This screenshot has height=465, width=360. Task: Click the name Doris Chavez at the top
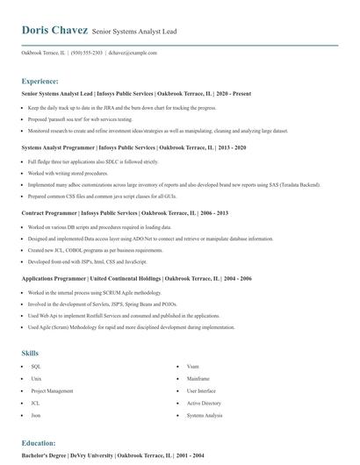point(54,30)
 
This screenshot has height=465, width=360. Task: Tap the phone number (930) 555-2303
point(87,53)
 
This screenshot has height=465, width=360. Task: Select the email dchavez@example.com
point(133,53)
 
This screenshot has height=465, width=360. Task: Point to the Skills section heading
point(30,353)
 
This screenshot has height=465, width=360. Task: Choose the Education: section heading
point(39,443)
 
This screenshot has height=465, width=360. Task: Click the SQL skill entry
point(36,366)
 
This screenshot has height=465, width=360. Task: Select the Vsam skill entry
point(193,366)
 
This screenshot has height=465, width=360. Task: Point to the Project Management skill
point(52,390)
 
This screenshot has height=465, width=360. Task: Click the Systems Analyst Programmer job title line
point(121,148)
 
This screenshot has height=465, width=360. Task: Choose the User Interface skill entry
point(201,390)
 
